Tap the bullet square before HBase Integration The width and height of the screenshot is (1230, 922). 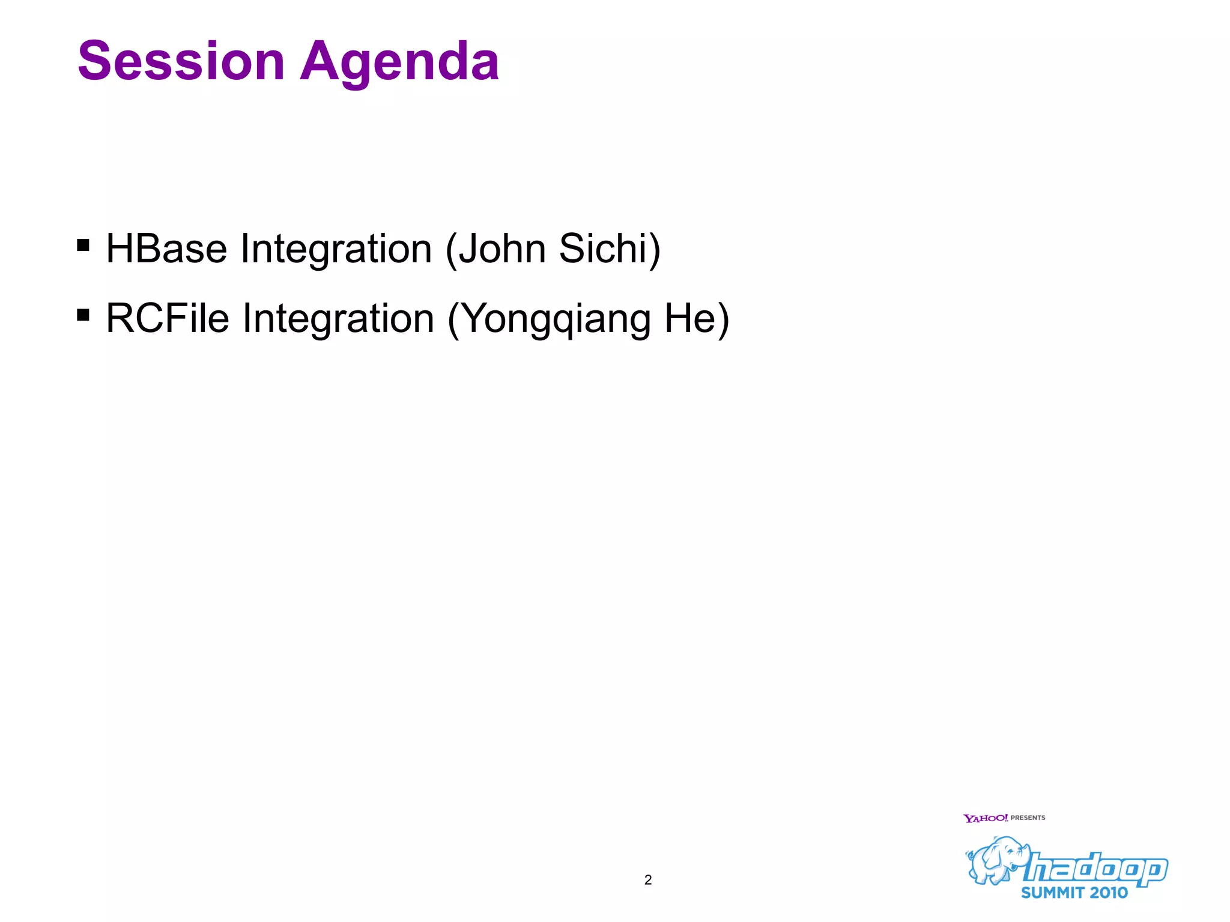pyautogui.click(x=83, y=245)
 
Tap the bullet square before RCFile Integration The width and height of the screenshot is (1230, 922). pyautogui.click(x=83, y=315)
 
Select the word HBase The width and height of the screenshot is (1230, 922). pyautogui.click(x=166, y=249)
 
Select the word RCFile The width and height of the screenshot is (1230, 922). pyautogui.click(x=168, y=318)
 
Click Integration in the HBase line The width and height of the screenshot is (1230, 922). pyautogui.click(x=336, y=250)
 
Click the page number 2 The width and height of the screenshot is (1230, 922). pyautogui.click(x=647, y=880)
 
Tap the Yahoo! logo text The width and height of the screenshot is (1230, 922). pyautogui.click(x=985, y=818)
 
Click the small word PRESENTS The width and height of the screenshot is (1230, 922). pyautogui.click(x=1028, y=818)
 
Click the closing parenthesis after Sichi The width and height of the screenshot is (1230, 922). pyautogui.click(x=654, y=250)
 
